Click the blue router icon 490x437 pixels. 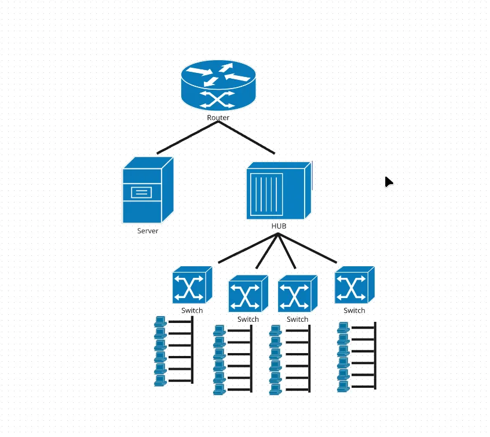[x=218, y=85]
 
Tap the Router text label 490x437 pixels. [x=218, y=117]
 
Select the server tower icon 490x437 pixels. [x=148, y=190]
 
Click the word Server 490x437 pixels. [x=148, y=231]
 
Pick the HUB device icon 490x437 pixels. [x=279, y=190]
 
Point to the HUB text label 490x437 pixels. [x=279, y=226]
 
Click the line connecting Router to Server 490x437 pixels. [x=188, y=137]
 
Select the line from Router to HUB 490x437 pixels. [x=247, y=137]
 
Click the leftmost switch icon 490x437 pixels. [x=192, y=285]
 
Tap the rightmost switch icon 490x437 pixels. [x=354, y=285]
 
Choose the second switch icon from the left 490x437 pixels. [x=248, y=293]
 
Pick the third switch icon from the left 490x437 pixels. [x=298, y=293]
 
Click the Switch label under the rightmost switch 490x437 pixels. [x=354, y=310]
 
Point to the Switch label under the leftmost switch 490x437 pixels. [x=192, y=310]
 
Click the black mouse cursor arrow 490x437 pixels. [x=389, y=182]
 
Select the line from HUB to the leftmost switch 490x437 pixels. [x=248, y=248]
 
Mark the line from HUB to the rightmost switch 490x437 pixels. [x=308, y=248]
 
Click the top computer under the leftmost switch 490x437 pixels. [x=160, y=321]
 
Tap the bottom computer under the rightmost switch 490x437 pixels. [x=343, y=387]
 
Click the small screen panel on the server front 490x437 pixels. [x=141, y=192]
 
